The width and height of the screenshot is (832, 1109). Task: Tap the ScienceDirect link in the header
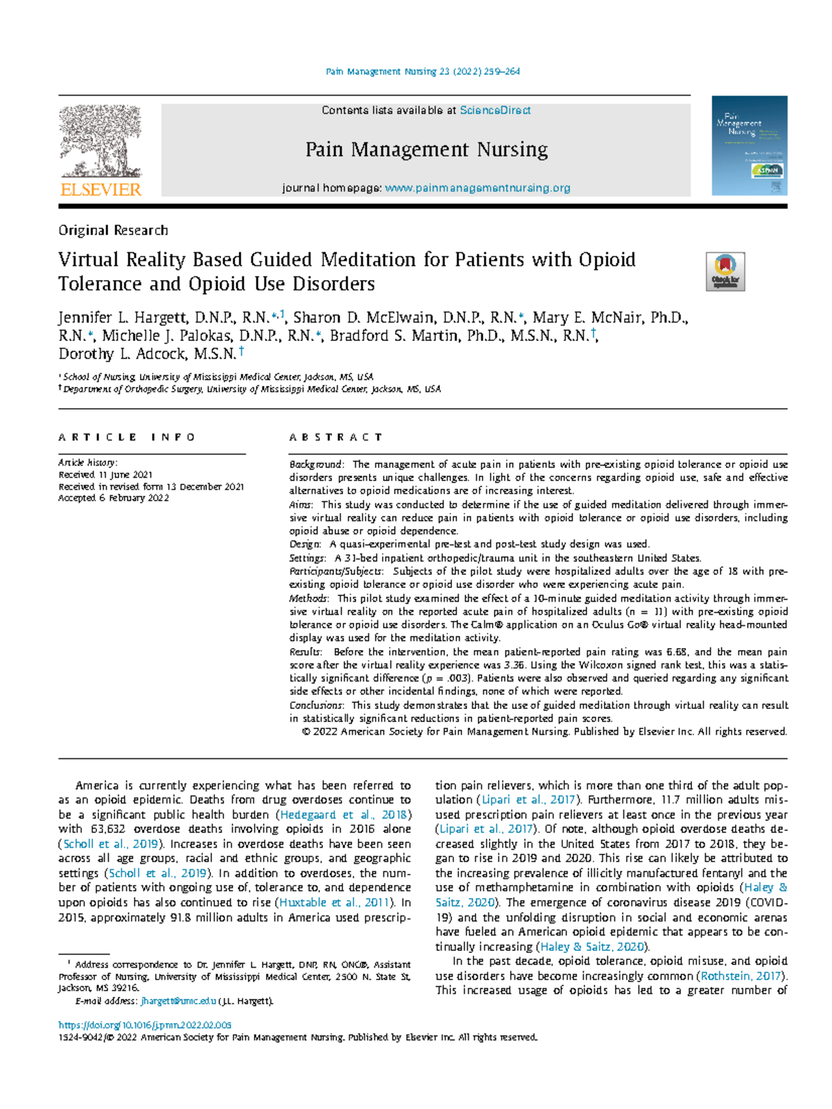pos(495,110)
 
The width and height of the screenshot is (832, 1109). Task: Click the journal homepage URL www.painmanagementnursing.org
pos(477,188)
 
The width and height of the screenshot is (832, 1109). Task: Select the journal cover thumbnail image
pos(749,146)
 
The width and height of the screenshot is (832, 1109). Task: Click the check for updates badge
pos(725,272)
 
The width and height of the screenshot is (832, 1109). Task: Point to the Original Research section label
pos(113,230)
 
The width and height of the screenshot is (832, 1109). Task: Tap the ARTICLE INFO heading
pos(127,437)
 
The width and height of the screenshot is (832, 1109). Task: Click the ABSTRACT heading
pos(336,437)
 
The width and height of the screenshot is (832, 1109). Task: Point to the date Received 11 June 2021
pos(105,475)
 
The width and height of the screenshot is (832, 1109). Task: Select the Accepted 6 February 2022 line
pos(114,498)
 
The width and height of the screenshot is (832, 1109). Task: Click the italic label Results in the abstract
pos(304,652)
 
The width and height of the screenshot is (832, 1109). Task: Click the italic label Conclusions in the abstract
pos(315,705)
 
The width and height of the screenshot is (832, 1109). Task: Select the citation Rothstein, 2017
pos(740,976)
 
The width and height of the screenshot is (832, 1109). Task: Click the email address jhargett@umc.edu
pos(178,1001)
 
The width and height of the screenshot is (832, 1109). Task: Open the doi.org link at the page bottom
pos(145,1024)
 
